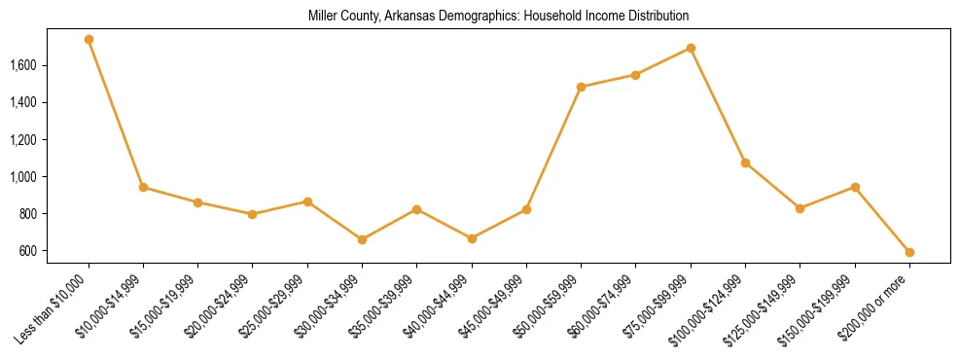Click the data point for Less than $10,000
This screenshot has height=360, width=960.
tap(89, 40)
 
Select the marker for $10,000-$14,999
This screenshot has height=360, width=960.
tap(143, 187)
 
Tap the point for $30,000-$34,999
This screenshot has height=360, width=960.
tap(362, 239)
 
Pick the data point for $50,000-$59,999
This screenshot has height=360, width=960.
tap(581, 87)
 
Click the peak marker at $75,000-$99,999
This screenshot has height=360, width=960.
tap(691, 48)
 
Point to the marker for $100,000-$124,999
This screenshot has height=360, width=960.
tap(745, 162)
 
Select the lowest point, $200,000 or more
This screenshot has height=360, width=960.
tap(909, 252)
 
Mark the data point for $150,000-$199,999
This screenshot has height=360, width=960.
tap(855, 187)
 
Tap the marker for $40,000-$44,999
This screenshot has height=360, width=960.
tap(472, 238)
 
